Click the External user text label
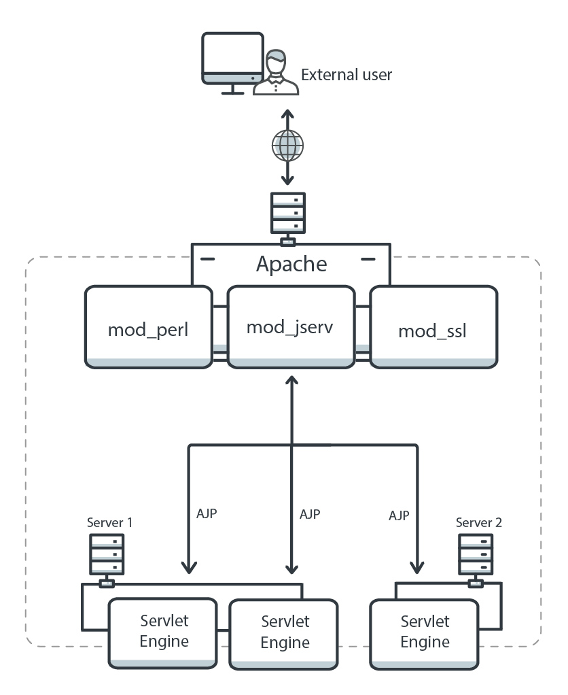347,74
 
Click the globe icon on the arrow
287,145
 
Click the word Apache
291,264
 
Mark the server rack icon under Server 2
475,554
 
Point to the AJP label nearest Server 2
398,515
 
